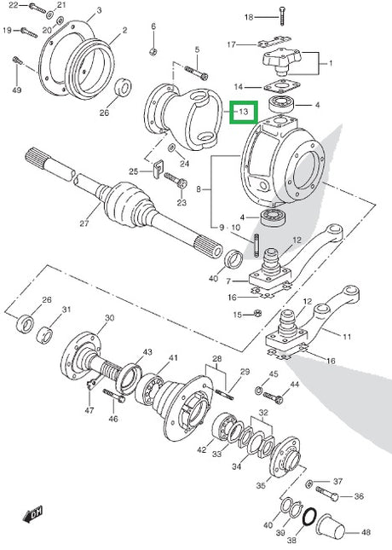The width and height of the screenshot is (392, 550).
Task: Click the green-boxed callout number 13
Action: (x=244, y=112)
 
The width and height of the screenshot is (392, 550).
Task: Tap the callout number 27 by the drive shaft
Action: (x=84, y=223)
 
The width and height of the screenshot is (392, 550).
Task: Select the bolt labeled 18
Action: (x=282, y=16)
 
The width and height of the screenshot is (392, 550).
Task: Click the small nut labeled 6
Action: (x=153, y=52)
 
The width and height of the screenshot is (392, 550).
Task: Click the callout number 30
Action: (x=110, y=318)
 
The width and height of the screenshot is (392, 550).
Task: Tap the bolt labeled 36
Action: (x=327, y=494)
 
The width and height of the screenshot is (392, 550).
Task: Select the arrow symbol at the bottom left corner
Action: (x=32, y=513)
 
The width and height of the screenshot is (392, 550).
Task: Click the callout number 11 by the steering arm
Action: (x=347, y=337)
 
